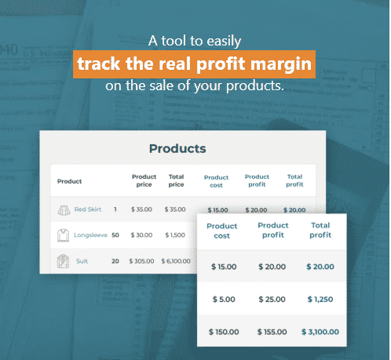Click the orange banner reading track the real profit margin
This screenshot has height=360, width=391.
[x=194, y=64]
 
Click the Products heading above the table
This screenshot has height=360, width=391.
[x=177, y=148]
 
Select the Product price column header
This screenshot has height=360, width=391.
[x=144, y=180]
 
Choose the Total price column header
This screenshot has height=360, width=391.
[x=176, y=180]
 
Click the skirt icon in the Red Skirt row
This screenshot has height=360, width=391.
[x=64, y=210]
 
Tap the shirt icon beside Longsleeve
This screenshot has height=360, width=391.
[x=63, y=235]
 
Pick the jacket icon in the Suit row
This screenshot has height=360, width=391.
[x=63, y=261]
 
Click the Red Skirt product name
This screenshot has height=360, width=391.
[x=88, y=209]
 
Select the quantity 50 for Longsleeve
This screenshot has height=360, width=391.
[x=115, y=235]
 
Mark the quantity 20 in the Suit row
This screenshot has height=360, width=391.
[x=115, y=261]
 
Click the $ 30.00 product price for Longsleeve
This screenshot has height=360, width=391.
[x=141, y=235]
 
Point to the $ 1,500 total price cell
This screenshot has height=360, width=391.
[x=175, y=235]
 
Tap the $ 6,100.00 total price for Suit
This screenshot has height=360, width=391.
[x=176, y=261]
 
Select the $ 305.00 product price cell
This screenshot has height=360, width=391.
[x=141, y=261]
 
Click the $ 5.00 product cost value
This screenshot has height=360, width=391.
[x=224, y=300]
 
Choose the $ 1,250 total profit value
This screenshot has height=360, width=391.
[x=320, y=300]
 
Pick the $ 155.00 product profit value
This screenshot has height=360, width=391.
[x=272, y=332]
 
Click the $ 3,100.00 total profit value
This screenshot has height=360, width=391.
[x=320, y=332]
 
